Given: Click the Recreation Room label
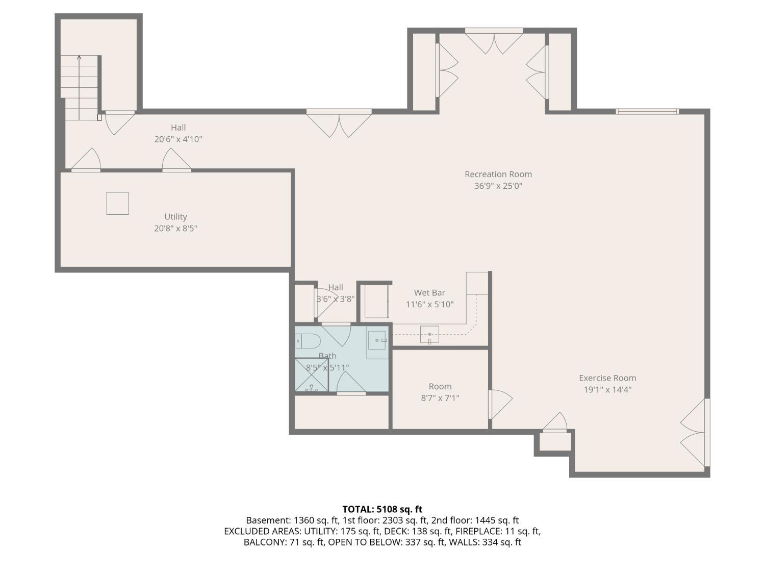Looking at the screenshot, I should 498,174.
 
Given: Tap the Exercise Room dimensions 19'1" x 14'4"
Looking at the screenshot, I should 607,390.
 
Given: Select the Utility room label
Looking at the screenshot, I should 175,217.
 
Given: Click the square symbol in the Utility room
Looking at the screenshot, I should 117,204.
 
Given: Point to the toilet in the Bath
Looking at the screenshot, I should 307,340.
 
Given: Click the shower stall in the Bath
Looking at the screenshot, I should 312,375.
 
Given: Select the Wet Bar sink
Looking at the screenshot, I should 429,335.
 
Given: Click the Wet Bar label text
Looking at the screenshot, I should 429,293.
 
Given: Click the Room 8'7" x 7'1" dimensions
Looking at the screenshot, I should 440,398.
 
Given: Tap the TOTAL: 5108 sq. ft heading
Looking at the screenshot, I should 382,509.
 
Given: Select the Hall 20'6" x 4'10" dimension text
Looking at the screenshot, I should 178,139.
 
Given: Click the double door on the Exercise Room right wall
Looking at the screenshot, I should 695,433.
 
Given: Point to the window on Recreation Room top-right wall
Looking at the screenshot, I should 647,112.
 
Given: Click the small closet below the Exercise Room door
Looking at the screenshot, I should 555,442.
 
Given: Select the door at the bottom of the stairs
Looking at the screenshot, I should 119,122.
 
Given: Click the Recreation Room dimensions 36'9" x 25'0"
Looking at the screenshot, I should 498,186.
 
